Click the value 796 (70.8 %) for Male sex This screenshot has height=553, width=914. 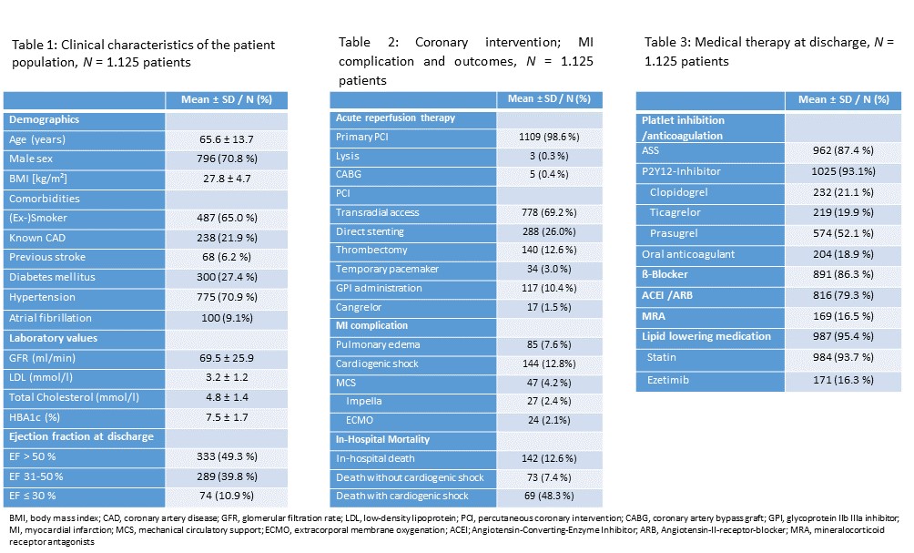coord(227,159)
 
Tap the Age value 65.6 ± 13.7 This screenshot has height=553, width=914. coord(227,139)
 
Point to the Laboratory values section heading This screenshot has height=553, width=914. coord(53,338)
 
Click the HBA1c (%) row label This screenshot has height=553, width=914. coord(35,417)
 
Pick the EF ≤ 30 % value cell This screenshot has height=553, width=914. coord(227,496)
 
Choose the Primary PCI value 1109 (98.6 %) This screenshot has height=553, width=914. coord(549,137)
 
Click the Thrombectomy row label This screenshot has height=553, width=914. coord(371,250)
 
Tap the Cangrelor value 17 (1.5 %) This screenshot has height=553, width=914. coord(549,307)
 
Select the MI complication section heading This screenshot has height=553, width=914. coord(371,325)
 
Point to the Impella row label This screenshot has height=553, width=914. coord(364,402)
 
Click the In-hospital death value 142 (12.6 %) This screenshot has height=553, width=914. coord(549,458)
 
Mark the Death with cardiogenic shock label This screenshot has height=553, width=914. coord(402,496)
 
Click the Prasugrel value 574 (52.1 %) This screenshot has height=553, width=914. coord(844,233)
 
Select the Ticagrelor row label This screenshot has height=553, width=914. coord(675,212)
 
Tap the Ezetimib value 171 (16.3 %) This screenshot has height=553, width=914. coord(844,380)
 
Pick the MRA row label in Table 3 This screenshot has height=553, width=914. coord(654,316)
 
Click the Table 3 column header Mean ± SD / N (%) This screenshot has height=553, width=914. coord(844,99)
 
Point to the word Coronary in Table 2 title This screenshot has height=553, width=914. coord(442,42)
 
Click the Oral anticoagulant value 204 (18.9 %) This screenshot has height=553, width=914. coord(844,254)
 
